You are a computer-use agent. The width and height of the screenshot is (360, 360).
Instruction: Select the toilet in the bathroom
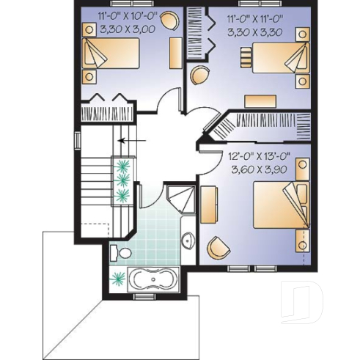pos(120,254)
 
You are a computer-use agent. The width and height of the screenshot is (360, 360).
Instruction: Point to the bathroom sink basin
pos(187,240)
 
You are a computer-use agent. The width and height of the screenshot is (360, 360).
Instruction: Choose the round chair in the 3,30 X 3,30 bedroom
pos(199,74)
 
